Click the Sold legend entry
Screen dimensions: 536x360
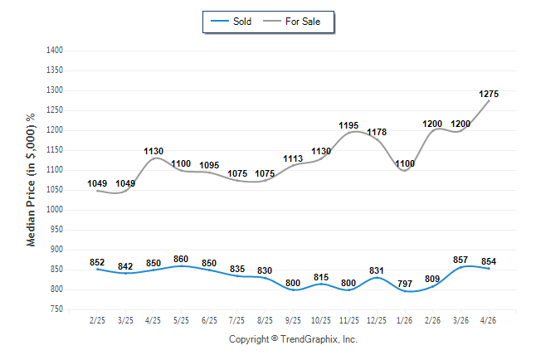coord(231,22)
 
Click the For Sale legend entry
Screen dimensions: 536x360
coord(291,22)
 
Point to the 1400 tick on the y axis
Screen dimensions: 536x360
coord(55,51)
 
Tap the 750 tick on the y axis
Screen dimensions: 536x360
coord(56,309)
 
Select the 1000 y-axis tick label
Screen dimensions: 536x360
coord(55,210)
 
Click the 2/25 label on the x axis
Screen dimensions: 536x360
coord(97,320)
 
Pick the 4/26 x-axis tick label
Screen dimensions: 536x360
coord(488,320)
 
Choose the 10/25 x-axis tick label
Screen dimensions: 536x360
coord(321,320)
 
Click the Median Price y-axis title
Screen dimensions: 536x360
coord(31,180)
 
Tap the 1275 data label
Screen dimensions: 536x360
coord(489,94)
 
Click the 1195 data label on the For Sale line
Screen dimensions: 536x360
coord(348,126)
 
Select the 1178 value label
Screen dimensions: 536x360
coord(377,132)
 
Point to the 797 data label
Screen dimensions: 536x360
coord(405,284)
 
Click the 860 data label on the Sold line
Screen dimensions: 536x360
coord(181,259)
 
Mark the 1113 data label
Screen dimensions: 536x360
coord(293,158)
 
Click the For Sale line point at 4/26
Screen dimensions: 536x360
coord(489,100)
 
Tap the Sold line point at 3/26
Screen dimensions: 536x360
coord(460,267)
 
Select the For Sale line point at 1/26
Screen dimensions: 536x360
coord(405,170)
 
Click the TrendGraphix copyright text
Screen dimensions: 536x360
coord(293,339)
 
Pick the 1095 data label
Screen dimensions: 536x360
coord(209,165)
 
